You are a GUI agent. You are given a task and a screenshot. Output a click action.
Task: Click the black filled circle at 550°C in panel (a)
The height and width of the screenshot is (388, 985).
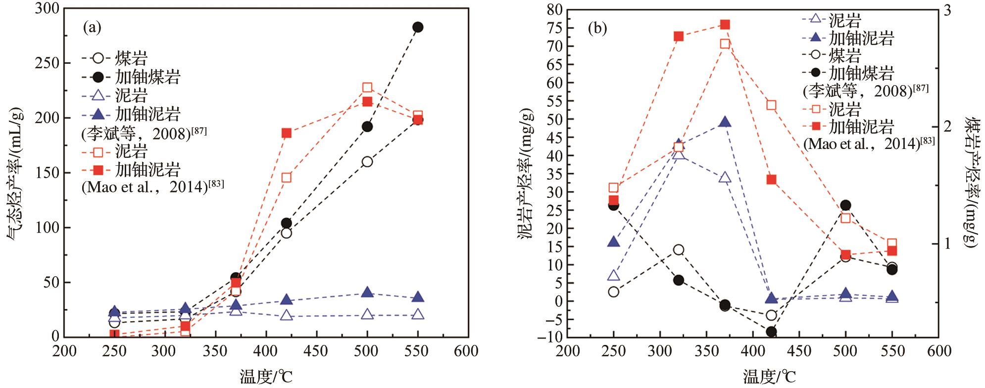(418, 27)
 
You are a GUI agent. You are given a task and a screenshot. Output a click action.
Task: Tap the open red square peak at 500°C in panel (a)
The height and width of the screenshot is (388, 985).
(367, 88)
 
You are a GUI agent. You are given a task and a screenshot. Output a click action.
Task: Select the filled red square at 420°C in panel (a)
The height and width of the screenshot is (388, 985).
(286, 133)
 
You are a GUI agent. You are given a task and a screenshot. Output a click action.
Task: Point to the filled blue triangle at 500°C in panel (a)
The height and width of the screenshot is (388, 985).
(367, 292)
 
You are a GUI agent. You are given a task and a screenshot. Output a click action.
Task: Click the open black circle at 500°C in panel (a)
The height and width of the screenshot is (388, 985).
(367, 162)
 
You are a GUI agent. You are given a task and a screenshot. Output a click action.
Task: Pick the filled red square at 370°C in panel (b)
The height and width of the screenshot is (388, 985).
(725, 25)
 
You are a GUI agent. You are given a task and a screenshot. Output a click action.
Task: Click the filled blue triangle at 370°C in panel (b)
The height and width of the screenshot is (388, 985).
(725, 122)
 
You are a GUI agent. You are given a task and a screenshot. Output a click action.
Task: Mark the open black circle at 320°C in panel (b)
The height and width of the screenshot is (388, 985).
(679, 249)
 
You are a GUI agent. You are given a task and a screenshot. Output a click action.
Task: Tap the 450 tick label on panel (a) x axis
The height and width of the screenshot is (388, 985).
(316, 351)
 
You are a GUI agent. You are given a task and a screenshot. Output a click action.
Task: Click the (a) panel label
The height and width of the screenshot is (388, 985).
(92, 28)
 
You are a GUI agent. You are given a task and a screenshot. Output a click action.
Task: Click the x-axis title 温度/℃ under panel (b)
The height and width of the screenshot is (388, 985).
(769, 377)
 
